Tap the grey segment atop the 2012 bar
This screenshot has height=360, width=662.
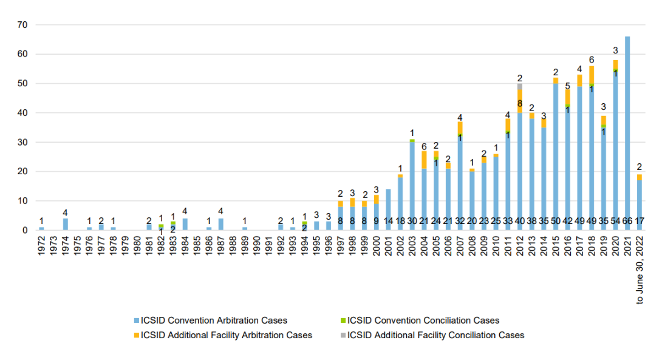pos(520,87)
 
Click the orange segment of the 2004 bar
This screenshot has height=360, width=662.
pos(424,160)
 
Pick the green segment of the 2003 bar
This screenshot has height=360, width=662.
pos(412,140)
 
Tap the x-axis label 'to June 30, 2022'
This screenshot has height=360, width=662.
pos(640,270)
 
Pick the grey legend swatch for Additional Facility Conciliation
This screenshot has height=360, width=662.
pos(342,335)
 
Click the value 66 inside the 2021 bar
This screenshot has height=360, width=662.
pos(627,221)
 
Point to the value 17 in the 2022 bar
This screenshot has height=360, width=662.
pos(640,221)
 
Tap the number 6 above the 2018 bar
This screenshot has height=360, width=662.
pos(592,59)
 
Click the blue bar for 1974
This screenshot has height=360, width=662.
pos(66,224)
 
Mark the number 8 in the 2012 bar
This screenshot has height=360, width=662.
pos(520,103)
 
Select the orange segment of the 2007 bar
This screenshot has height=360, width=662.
pos(460,127)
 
